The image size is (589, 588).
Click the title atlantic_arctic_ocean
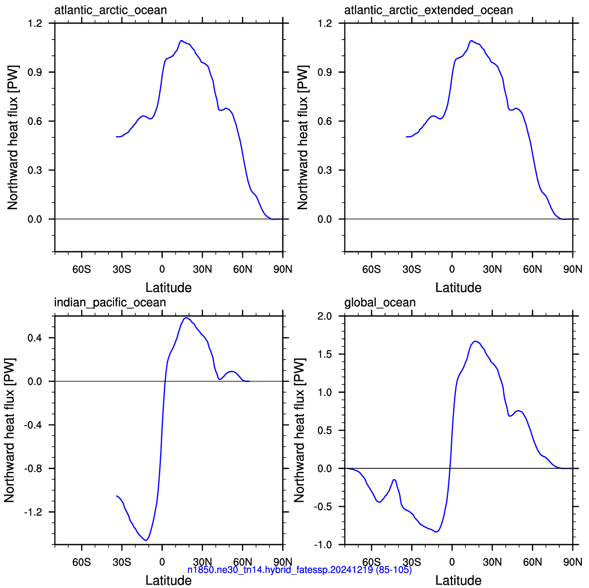[x=110, y=10]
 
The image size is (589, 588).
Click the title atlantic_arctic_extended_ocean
[x=429, y=10]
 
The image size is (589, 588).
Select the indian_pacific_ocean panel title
[x=110, y=303]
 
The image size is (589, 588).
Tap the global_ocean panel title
[x=380, y=303]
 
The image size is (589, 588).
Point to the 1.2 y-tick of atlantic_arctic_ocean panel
[x=35, y=23]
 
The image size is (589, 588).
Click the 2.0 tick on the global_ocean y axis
[x=325, y=316]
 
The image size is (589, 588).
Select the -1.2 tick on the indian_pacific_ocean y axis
[x=33, y=512]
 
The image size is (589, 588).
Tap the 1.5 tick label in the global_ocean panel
[x=325, y=354]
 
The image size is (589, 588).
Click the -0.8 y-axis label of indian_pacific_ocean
[x=33, y=468]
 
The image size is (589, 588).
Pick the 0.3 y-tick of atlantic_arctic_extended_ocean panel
[x=325, y=170]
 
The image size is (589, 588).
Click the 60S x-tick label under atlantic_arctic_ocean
[x=82, y=269]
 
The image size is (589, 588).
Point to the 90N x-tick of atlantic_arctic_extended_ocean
[x=573, y=269]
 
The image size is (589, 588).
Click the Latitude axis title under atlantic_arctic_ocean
[x=168, y=288]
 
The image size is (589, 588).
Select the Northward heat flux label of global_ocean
[x=299, y=431]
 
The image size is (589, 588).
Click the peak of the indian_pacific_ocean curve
[x=185, y=318]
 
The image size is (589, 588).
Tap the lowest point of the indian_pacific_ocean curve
[x=146, y=540]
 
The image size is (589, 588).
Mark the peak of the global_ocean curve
[x=476, y=341]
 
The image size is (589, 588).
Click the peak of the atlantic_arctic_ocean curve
[x=181, y=41]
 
